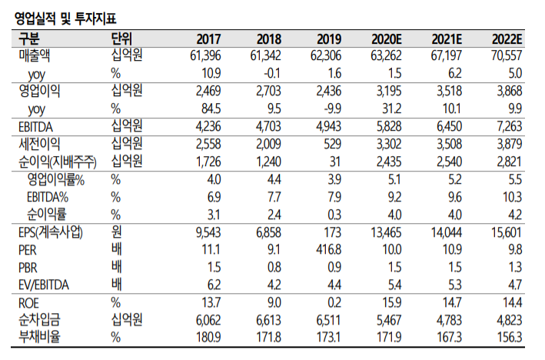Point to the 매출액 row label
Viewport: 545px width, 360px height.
tap(35, 56)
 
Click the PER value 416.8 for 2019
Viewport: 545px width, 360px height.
tap(331, 249)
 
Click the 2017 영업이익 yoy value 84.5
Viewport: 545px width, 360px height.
tap(211, 108)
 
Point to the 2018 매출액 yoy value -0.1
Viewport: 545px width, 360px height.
tap(271, 73)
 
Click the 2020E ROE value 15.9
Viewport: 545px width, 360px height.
tap(392, 302)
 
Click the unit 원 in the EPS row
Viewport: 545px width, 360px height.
tap(117, 232)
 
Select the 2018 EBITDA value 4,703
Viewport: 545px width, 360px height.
tap(266, 126)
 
